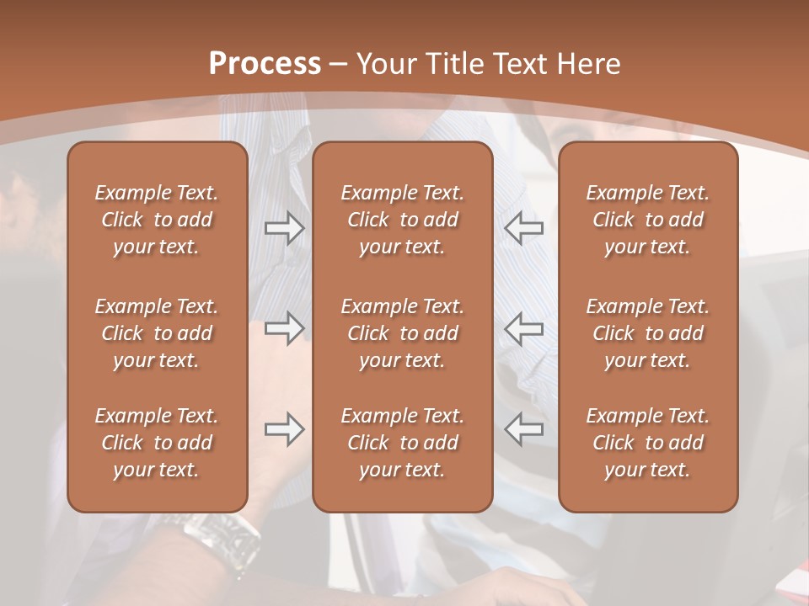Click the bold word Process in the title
265,64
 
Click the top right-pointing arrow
285,227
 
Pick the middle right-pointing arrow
285,328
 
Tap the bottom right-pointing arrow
285,429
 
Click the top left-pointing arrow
523,227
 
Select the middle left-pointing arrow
523,328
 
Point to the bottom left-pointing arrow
523,429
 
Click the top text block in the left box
157,220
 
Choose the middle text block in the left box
157,333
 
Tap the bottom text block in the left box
157,443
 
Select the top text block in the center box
402,220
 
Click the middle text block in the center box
402,333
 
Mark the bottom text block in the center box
402,443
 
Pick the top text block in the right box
647,220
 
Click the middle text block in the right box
647,333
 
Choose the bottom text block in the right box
647,443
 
